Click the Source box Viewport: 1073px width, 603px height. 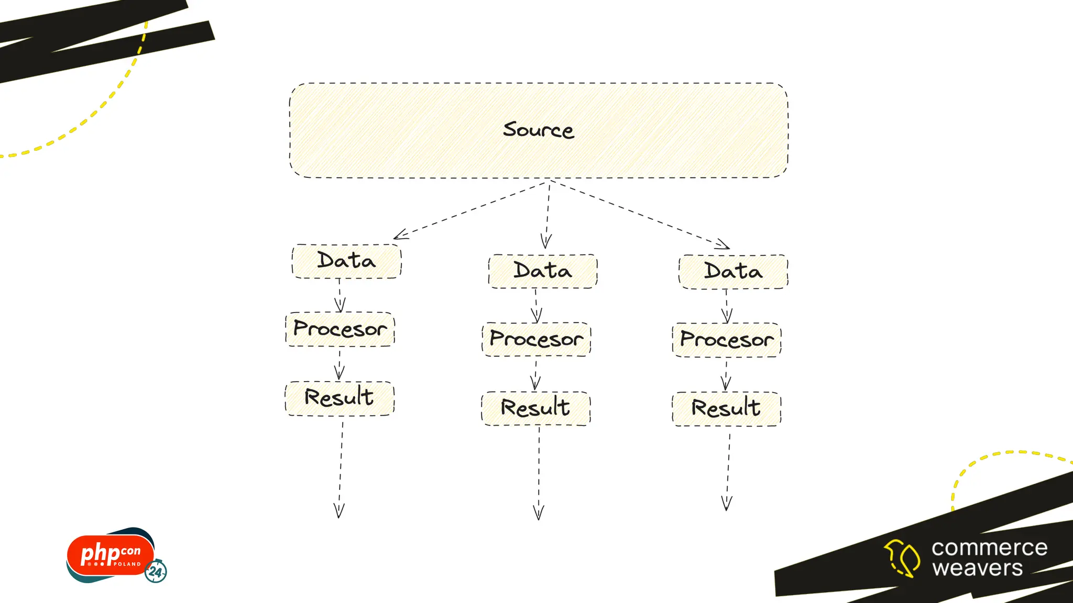coord(539,130)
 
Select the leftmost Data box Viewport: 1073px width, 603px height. coord(346,261)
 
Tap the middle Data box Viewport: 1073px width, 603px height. coord(543,271)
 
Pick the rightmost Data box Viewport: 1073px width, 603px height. coord(733,272)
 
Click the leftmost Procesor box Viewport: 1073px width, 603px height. coord(340,329)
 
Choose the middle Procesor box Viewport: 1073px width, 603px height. coord(536,339)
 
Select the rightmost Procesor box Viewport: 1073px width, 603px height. coord(727,340)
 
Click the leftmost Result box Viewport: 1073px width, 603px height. coord(340,398)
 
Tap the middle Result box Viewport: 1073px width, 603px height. coord(535,408)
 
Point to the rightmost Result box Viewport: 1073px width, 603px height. coord(726,409)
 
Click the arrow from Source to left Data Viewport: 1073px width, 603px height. coord(472,209)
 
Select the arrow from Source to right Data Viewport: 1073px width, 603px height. coord(639,214)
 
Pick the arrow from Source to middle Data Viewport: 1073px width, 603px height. coord(548,215)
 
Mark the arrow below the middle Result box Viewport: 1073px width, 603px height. coord(539,471)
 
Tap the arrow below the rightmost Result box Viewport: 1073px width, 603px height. coord(728,471)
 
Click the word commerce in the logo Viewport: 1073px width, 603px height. coord(989,548)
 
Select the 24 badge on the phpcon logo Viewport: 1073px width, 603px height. coord(156,571)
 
